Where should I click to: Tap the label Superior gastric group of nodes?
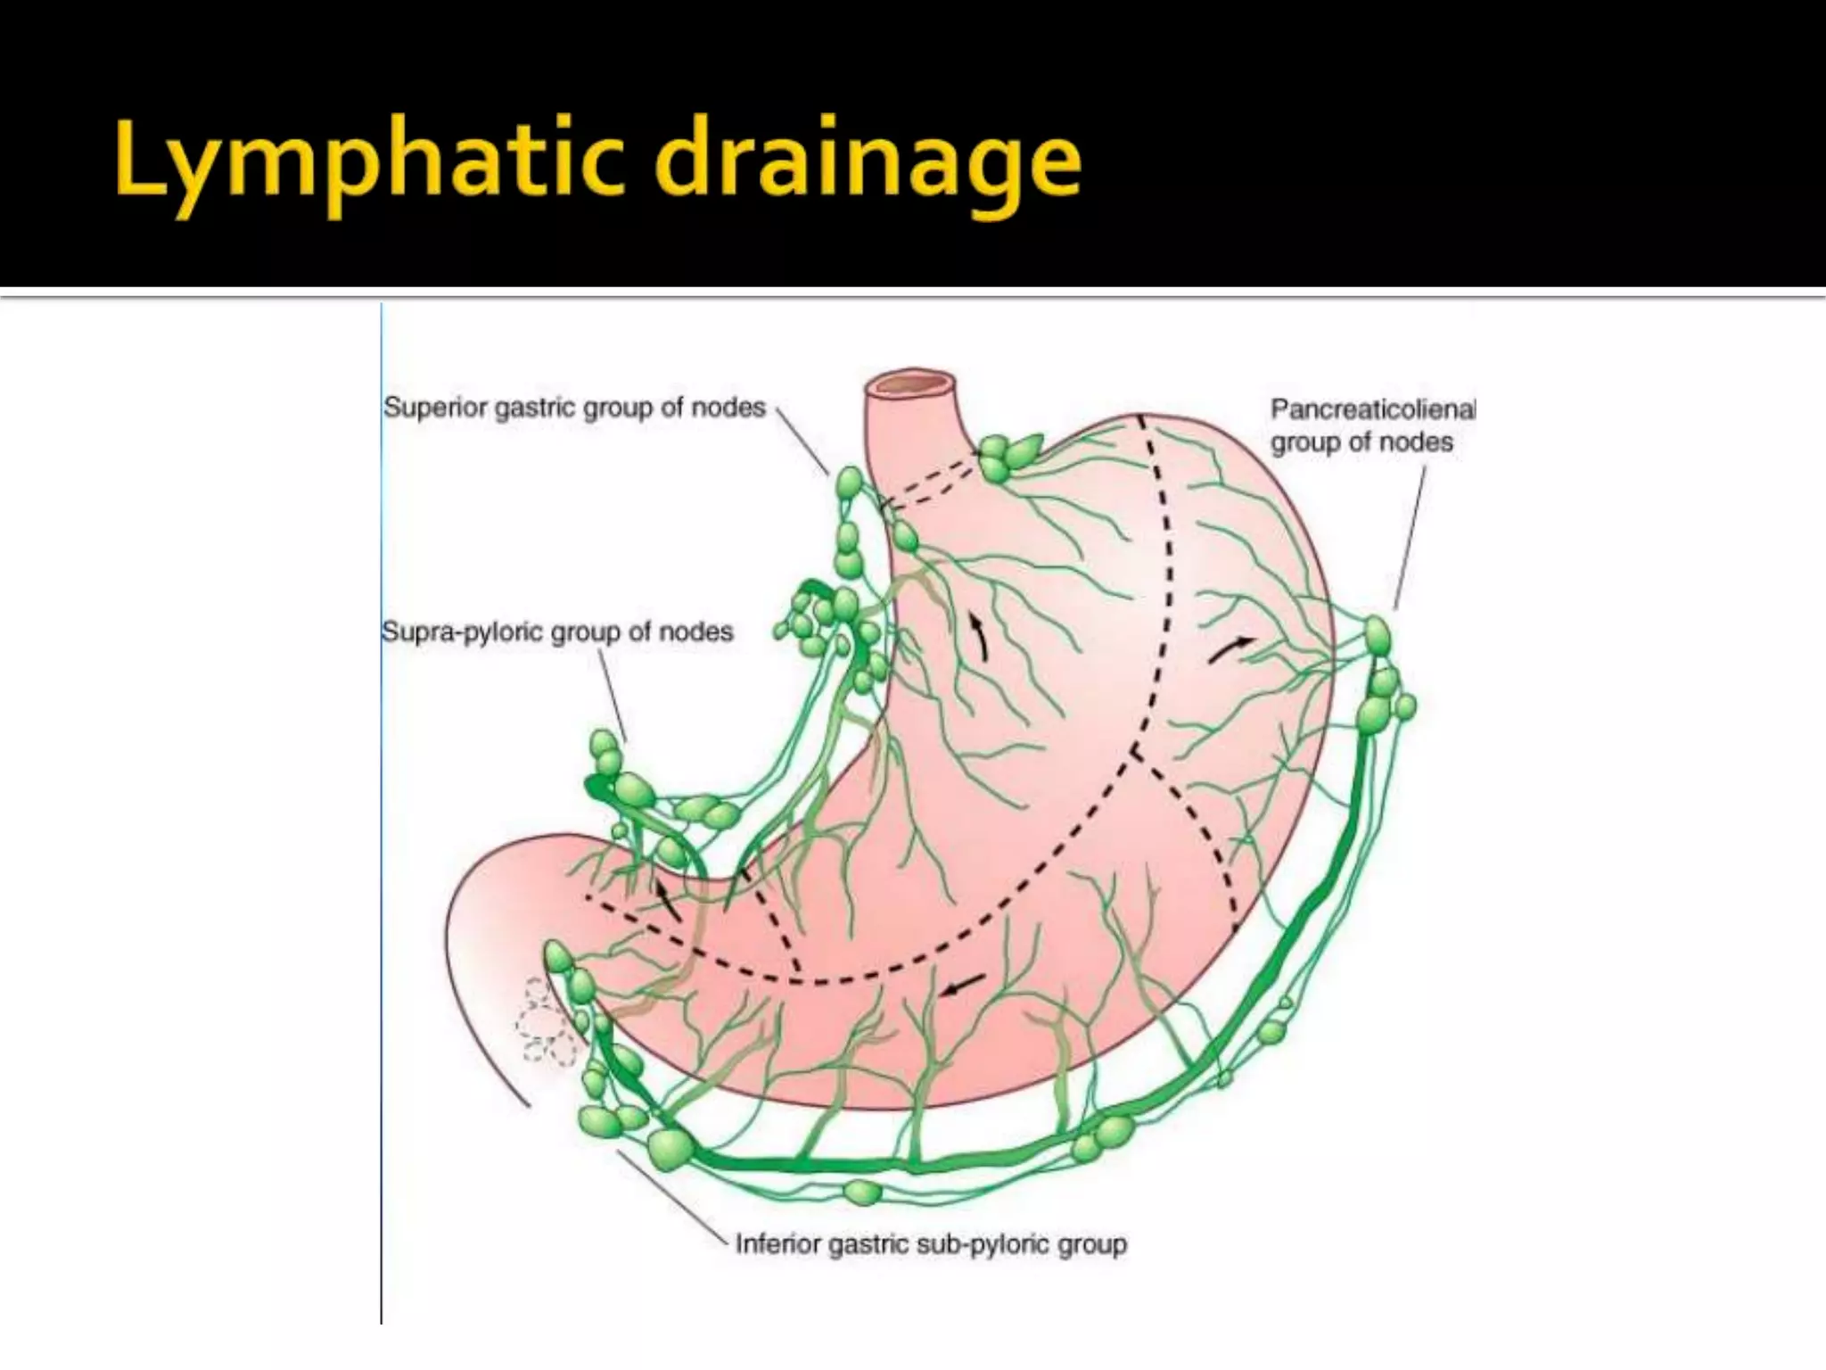point(574,408)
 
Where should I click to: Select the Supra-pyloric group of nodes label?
point(557,632)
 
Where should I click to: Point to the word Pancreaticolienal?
point(1372,409)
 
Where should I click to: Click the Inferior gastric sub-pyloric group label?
point(931,1244)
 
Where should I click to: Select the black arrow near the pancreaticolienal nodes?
point(1230,649)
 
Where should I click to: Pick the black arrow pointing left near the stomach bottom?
point(963,984)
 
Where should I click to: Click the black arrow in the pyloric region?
point(668,901)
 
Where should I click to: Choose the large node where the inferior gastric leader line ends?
point(670,1149)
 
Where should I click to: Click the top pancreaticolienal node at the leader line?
point(1378,636)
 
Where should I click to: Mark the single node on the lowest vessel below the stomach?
point(861,1192)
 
